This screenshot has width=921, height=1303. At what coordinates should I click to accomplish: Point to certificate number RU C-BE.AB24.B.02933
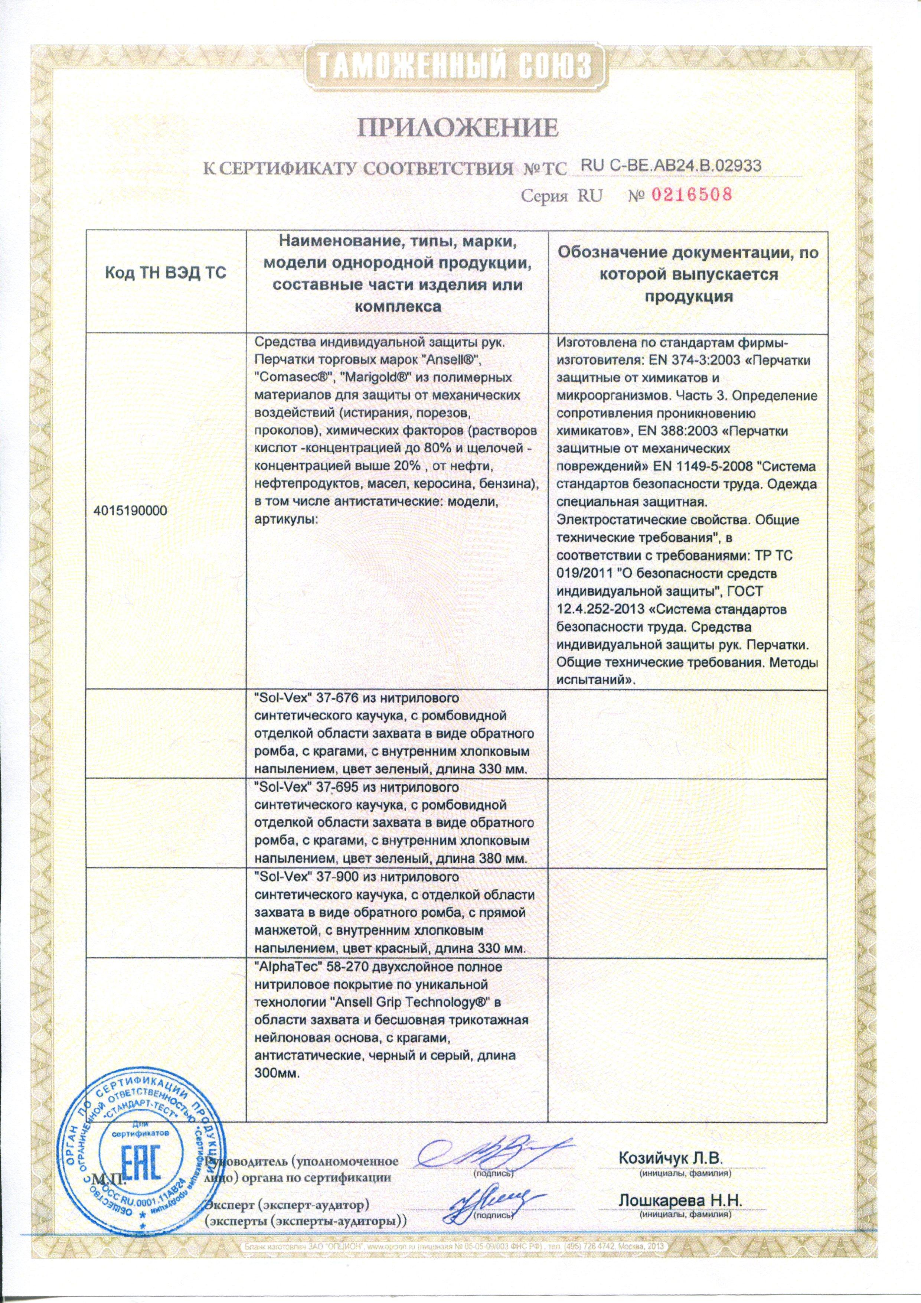click(x=671, y=165)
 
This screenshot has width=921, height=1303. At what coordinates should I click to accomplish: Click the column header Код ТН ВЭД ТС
click(x=166, y=274)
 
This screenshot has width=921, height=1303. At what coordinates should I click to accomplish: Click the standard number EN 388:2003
click(x=657, y=431)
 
